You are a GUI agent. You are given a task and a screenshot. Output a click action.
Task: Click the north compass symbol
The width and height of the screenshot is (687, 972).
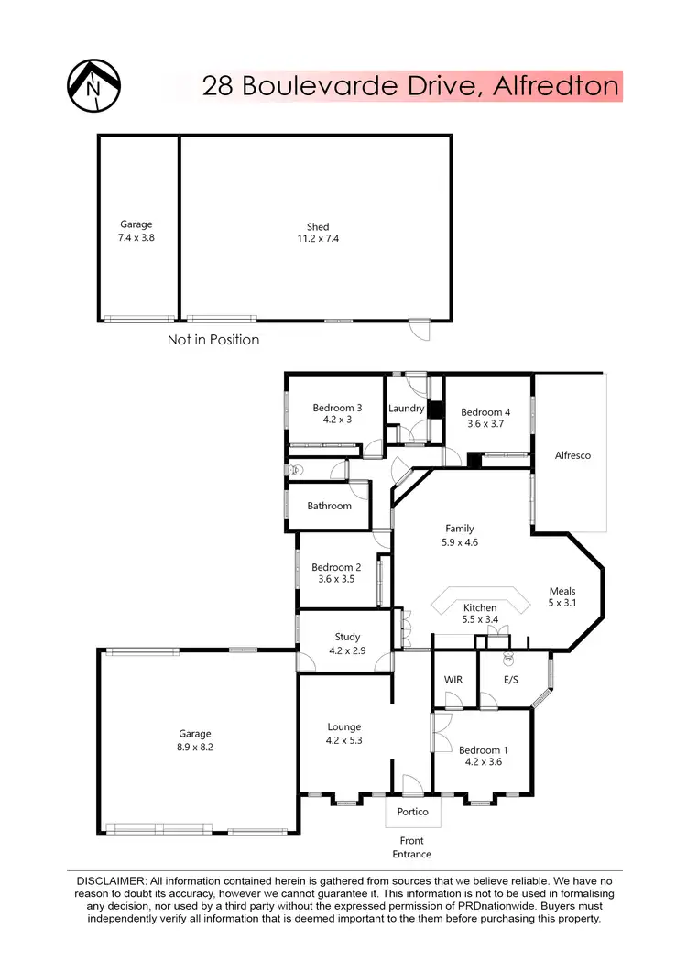96,86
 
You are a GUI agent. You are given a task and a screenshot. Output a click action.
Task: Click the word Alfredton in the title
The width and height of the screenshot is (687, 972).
556,87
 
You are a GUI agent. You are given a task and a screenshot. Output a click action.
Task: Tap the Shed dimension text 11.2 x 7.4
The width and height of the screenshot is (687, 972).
317,239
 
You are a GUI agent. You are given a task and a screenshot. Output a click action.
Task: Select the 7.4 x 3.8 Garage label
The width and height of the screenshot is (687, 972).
136,236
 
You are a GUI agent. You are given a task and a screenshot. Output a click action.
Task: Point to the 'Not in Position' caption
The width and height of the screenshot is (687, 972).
213,340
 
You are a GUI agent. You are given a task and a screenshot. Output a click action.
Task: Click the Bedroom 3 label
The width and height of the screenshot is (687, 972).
337,408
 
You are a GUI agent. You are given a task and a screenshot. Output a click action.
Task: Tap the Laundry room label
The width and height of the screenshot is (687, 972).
406,409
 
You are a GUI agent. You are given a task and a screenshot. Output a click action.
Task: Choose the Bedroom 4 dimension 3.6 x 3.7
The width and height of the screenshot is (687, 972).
485,424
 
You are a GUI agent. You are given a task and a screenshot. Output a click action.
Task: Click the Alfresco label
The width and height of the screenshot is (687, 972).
572,455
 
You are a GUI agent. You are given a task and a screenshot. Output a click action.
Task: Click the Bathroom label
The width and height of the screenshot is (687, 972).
329,506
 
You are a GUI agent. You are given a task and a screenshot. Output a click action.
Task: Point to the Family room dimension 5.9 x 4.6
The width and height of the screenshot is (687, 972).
460,541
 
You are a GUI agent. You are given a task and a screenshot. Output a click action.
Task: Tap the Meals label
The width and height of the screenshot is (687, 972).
562,591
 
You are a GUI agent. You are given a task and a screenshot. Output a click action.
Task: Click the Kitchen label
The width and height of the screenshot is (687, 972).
480,607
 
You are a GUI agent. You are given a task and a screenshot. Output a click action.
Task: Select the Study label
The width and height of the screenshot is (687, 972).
347,637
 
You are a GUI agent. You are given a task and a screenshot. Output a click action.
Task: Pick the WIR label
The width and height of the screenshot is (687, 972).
453,680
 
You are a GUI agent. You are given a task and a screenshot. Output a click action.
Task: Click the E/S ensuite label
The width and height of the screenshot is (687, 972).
506,680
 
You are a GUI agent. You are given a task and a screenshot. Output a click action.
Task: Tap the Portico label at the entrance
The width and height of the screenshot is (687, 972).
412,812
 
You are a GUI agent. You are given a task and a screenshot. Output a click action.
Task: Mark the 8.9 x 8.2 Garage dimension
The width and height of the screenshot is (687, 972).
194,747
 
